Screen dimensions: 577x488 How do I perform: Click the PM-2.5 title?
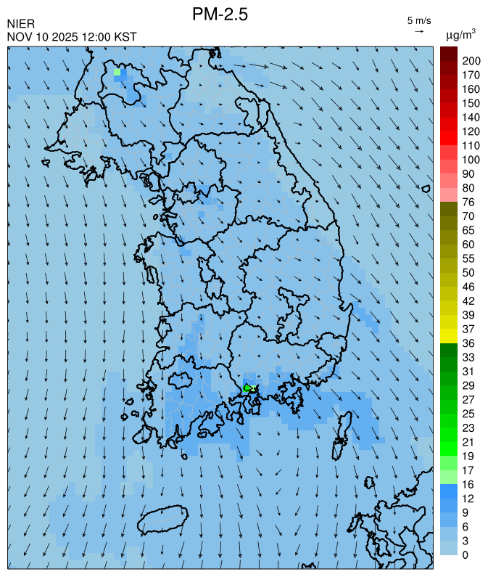click(220, 14)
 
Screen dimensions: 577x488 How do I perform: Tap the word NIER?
click(20, 24)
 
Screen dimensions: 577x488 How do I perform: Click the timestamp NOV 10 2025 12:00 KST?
click(72, 37)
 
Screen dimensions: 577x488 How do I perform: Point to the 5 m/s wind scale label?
click(419, 20)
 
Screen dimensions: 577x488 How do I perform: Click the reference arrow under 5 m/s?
click(419, 31)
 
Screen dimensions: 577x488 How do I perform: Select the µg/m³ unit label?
click(460, 34)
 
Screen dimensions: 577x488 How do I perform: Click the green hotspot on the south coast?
click(247, 388)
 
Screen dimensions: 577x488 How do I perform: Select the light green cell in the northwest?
click(117, 73)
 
